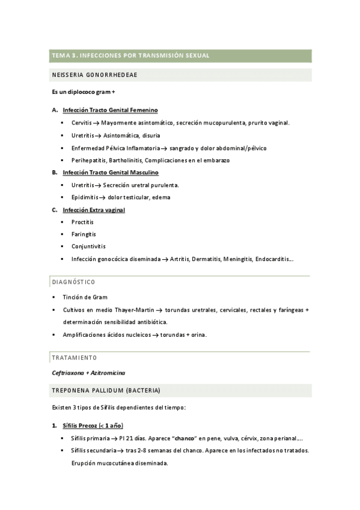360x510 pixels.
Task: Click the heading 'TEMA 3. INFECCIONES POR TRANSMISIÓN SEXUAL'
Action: coord(130,55)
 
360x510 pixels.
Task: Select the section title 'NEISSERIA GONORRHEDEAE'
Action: coord(96,75)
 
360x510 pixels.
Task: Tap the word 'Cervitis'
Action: coord(82,123)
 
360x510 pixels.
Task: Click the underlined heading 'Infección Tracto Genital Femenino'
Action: coord(110,110)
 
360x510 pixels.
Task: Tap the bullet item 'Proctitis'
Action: coord(82,222)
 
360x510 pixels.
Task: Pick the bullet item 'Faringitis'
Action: coord(84,234)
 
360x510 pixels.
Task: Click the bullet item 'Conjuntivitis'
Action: coord(88,246)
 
